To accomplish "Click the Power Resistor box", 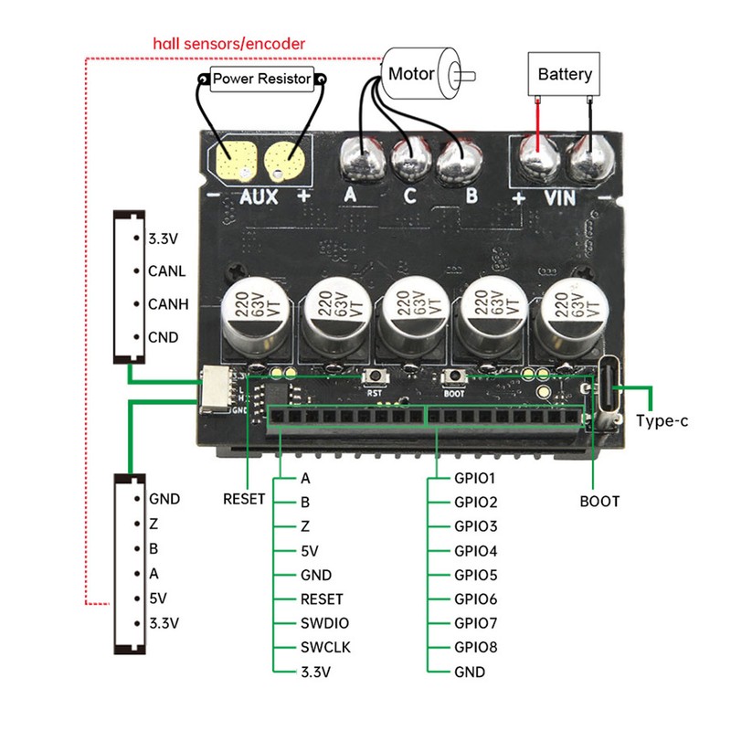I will tap(262, 79).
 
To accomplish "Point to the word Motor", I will tap(411, 73).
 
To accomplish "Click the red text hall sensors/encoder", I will tap(228, 44).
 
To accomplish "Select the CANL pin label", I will tap(166, 271).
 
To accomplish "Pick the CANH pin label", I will tap(167, 304).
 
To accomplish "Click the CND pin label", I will tap(164, 337).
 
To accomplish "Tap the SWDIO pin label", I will tap(324, 623).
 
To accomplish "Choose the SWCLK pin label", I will tap(325, 648).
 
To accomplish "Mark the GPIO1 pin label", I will tap(475, 478).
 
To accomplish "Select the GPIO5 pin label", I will tap(475, 576).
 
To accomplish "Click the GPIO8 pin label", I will tap(475, 648).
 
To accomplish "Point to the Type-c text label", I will tap(662, 421).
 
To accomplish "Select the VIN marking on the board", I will tap(559, 196).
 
